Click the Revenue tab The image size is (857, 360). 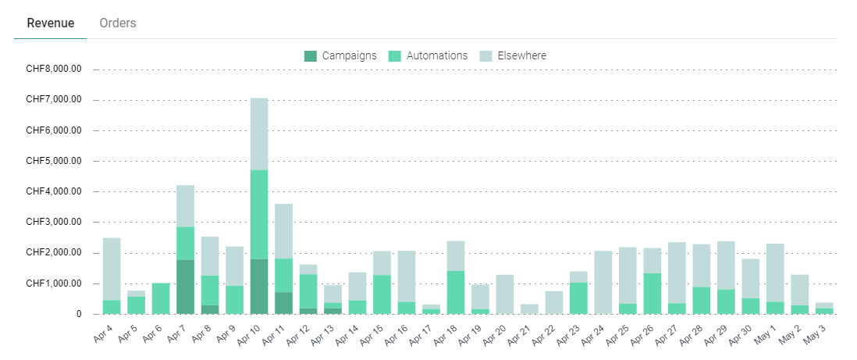(51, 23)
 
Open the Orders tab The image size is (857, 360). (118, 23)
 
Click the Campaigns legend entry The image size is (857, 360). (340, 55)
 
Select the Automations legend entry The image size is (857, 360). (428, 55)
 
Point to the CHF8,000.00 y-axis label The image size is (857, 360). (54, 70)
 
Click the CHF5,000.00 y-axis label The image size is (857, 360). (54, 161)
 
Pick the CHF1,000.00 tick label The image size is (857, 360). (54, 283)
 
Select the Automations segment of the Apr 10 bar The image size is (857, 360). (259, 214)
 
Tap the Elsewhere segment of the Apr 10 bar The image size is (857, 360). (259, 134)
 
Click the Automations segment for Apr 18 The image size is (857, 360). (456, 292)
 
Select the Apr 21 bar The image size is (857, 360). (529, 308)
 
